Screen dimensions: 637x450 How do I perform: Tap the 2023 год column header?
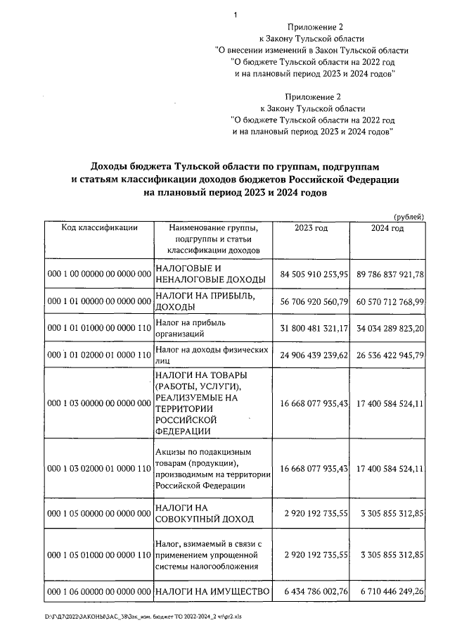click(x=311, y=228)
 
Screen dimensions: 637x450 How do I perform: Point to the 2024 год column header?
click(x=387, y=228)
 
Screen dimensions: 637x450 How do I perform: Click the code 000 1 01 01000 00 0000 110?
click(x=98, y=327)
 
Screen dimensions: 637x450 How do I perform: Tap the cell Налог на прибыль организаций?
click(x=193, y=327)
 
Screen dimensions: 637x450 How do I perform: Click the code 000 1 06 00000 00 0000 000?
click(x=98, y=591)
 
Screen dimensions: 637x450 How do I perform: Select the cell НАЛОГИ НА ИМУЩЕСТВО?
click(x=212, y=591)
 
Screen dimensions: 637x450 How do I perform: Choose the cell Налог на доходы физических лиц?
click(x=212, y=355)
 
